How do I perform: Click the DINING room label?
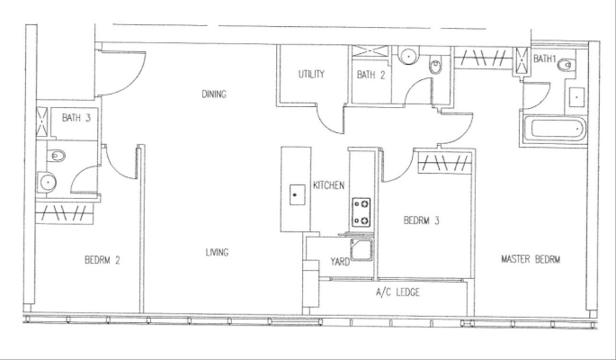[214, 94]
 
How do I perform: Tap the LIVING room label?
[217, 252]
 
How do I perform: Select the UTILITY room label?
[311, 75]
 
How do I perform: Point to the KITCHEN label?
[329, 185]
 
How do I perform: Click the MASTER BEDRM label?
[531, 259]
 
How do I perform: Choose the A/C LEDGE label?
[397, 292]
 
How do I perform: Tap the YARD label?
[340, 262]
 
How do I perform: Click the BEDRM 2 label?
[103, 260]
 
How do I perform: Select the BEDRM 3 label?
[422, 220]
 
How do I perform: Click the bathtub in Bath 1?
[554, 129]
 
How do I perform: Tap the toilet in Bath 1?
[567, 65]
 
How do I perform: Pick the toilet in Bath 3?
[56, 156]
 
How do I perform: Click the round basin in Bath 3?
[47, 183]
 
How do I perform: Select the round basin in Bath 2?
[408, 55]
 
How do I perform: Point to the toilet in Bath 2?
[435, 66]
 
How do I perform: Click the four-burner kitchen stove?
[361, 212]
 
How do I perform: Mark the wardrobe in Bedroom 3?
[444, 163]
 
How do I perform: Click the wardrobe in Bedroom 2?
[65, 213]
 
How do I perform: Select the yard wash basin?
[361, 250]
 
